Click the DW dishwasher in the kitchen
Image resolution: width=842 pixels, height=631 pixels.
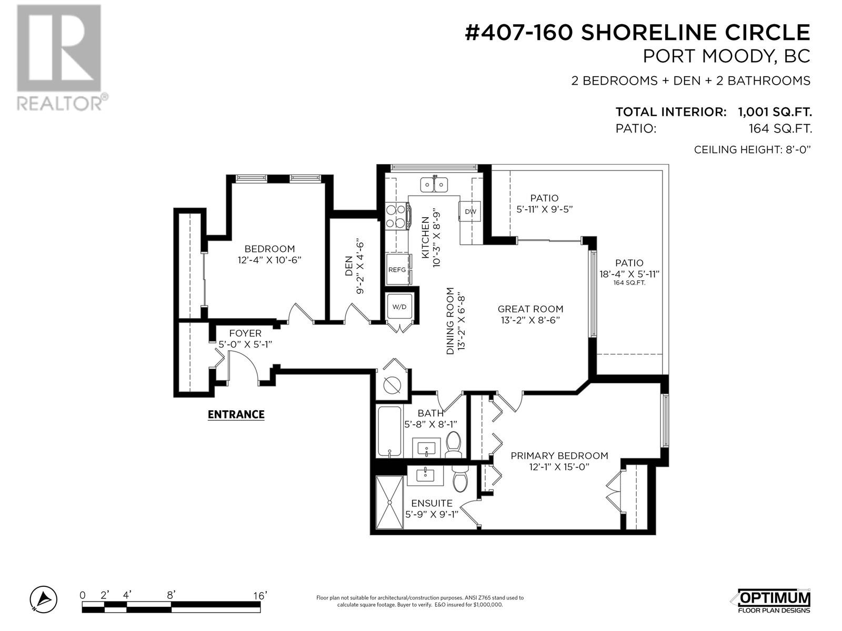[470, 211]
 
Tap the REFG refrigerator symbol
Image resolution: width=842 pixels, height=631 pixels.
[398, 269]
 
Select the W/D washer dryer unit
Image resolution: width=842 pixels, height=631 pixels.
[399, 307]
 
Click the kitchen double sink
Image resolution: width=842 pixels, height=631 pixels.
[434, 185]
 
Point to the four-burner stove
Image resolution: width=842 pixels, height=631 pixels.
[396, 216]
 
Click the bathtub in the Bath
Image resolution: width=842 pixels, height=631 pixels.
[389, 431]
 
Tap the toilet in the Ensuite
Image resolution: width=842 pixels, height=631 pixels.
[459, 478]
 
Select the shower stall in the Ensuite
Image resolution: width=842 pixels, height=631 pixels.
[389, 502]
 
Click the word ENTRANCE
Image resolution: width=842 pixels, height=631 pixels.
[236, 414]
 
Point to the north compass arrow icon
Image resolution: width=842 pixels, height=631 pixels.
[44, 599]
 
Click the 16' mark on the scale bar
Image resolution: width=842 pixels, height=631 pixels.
[259, 595]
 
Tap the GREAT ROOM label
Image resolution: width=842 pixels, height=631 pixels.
[530, 309]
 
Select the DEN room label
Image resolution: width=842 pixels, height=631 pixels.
[349, 266]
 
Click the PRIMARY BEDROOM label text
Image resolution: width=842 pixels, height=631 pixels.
[559, 455]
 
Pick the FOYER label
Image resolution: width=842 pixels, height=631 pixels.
[245, 333]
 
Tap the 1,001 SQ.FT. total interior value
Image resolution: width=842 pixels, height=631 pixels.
[775, 112]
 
